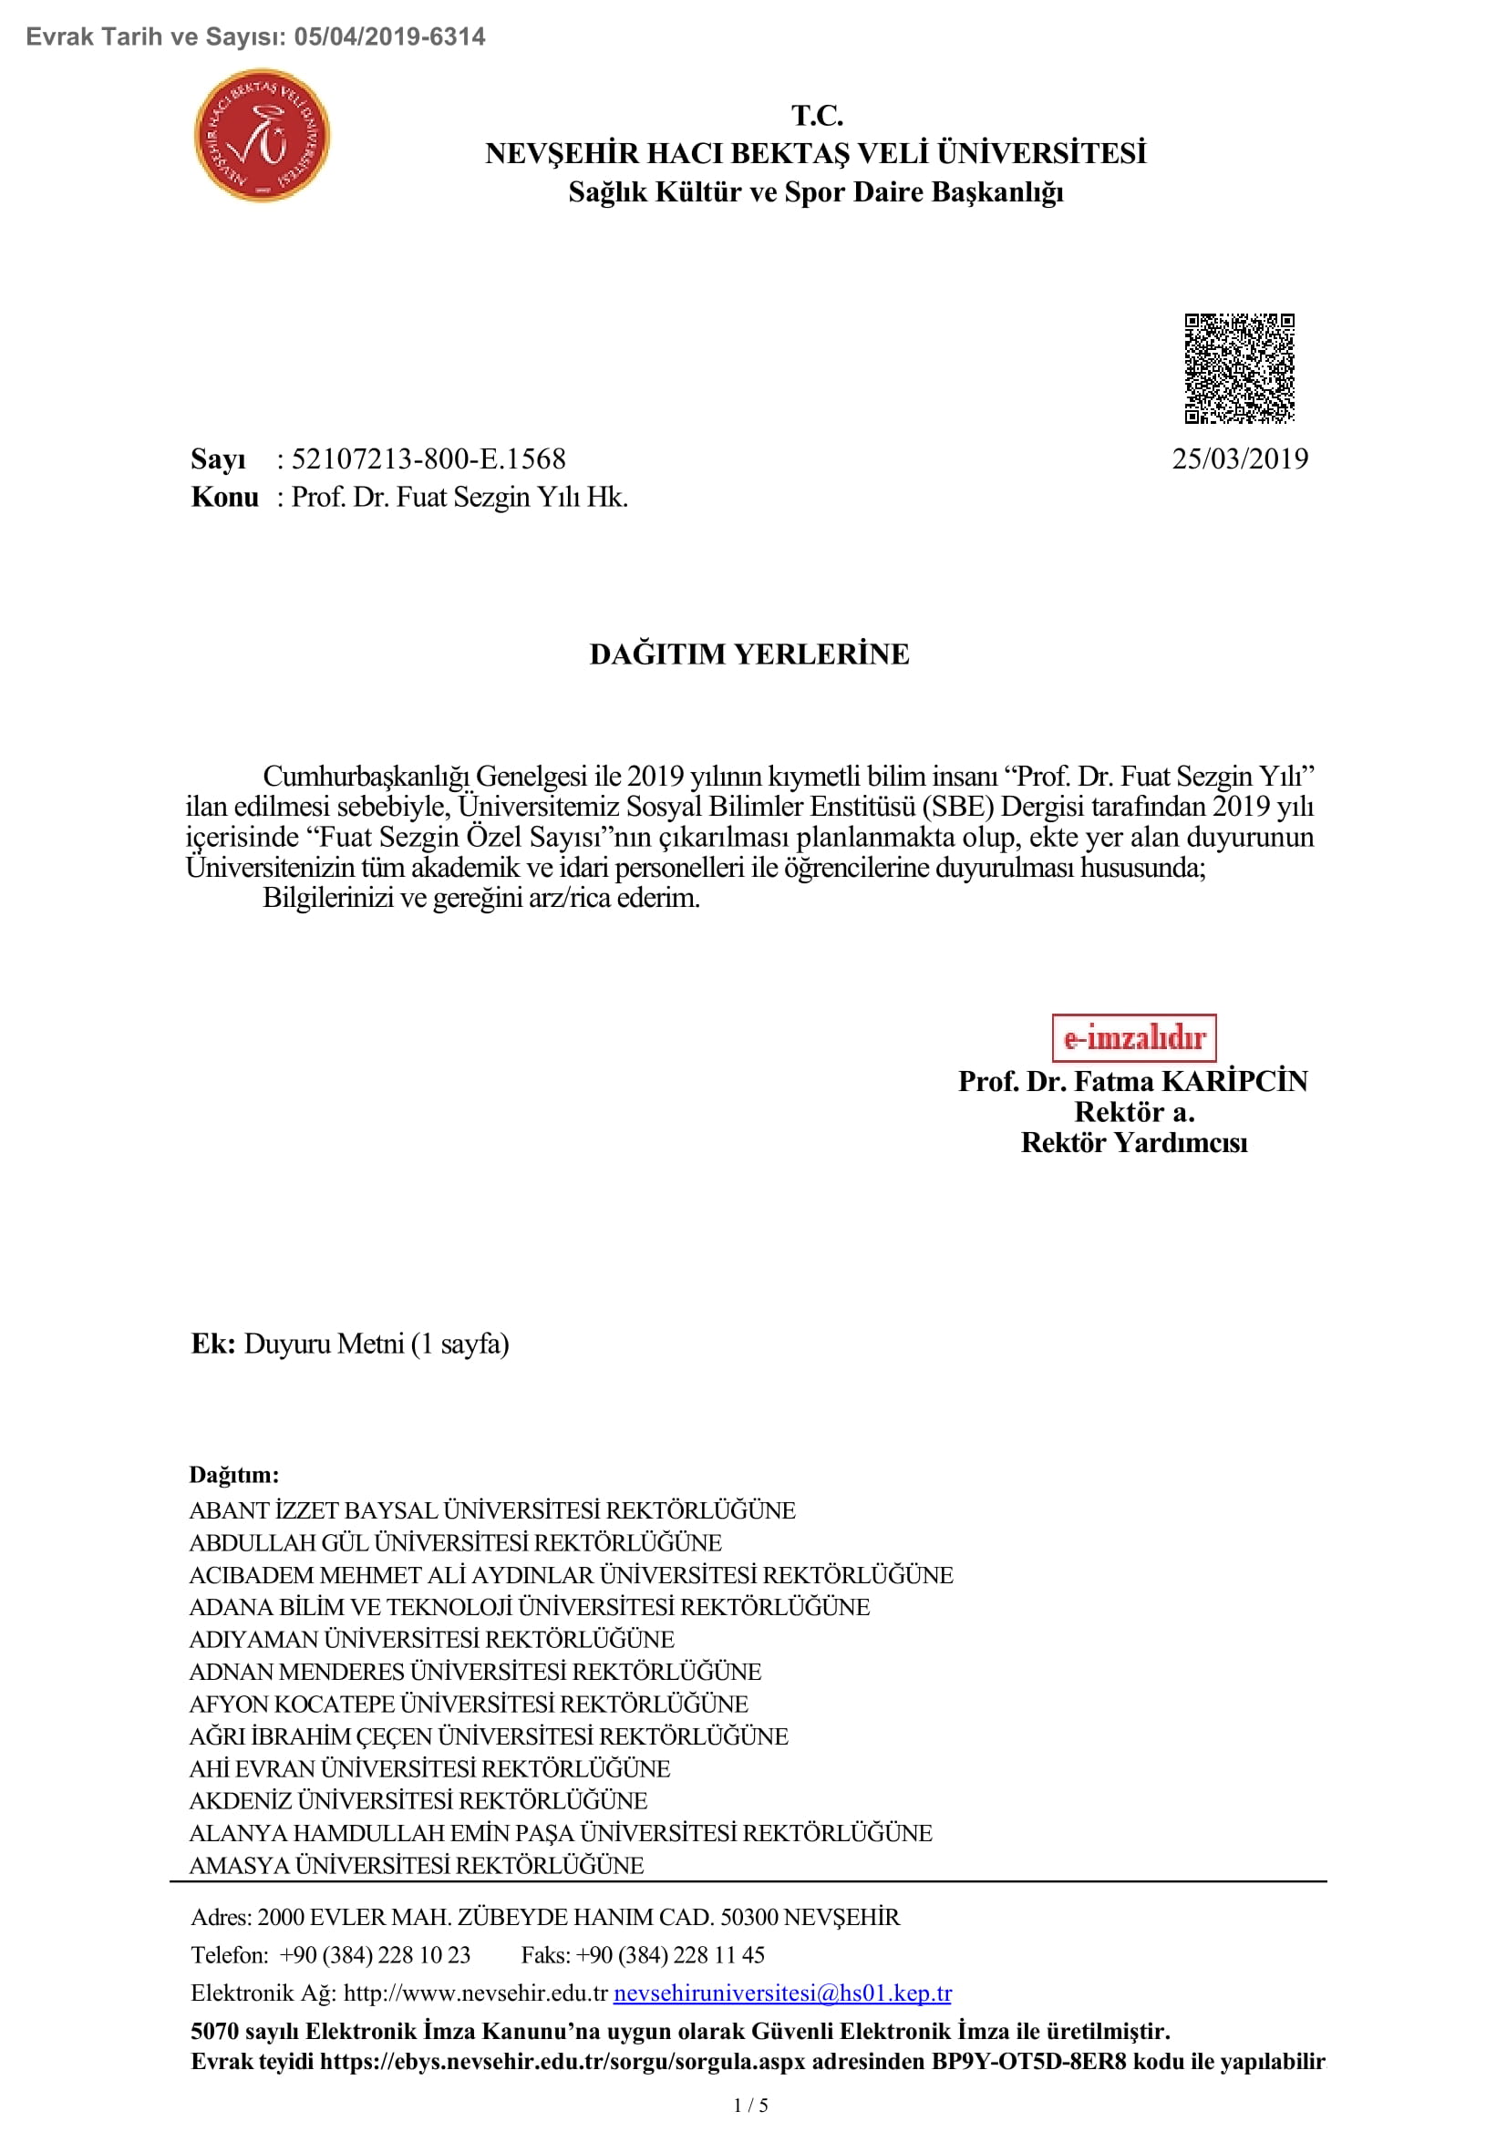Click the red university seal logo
point(261,136)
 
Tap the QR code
point(1239,368)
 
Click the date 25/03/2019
point(1239,458)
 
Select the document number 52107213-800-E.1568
point(428,458)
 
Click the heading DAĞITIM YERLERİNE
point(749,654)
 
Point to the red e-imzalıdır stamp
point(1134,1037)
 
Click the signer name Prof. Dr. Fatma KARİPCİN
point(1133,1081)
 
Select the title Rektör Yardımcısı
point(1134,1142)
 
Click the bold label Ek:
point(212,1344)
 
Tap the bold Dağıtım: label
point(234,1475)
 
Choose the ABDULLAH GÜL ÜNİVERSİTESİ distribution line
point(455,1542)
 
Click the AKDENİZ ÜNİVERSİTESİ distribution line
point(418,1800)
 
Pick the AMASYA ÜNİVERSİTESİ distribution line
point(416,1866)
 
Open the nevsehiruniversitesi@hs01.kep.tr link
point(782,1993)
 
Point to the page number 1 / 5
point(750,2105)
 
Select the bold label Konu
point(224,498)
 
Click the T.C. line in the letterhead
point(816,115)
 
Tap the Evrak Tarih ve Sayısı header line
point(255,37)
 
